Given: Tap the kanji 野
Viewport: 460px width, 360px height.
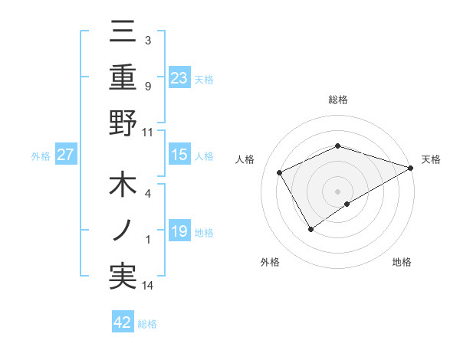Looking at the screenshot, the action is click(x=123, y=123).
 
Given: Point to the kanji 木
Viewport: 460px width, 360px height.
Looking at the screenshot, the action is click(x=123, y=187).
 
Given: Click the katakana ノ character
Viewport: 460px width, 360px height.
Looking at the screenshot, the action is click(x=123, y=231).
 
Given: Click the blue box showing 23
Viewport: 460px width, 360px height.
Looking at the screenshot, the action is click(x=179, y=78).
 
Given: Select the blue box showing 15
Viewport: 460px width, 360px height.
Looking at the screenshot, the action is click(x=179, y=155).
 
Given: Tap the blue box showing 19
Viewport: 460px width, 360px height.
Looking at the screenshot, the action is click(x=179, y=231).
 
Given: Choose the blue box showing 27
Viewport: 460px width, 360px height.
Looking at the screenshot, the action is click(x=66, y=155).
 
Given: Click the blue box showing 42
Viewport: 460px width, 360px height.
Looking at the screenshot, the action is click(x=123, y=322).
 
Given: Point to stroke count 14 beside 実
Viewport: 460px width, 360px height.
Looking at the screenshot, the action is click(x=147, y=286).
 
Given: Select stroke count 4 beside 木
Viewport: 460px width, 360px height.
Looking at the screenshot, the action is click(x=147, y=193).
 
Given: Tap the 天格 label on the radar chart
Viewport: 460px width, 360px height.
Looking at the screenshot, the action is click(x=431, y=159).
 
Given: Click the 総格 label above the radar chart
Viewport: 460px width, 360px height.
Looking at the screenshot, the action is click(x=338, y=100).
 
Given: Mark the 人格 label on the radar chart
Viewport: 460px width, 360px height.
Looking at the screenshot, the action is click(x=245, y=159).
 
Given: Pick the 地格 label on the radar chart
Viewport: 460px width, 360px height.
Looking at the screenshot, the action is click(x=402, y=262).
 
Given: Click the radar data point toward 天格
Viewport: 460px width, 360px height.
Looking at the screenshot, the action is click(x=411, y=166).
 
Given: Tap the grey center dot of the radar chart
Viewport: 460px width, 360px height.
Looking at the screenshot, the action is click(x=338, y=190).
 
